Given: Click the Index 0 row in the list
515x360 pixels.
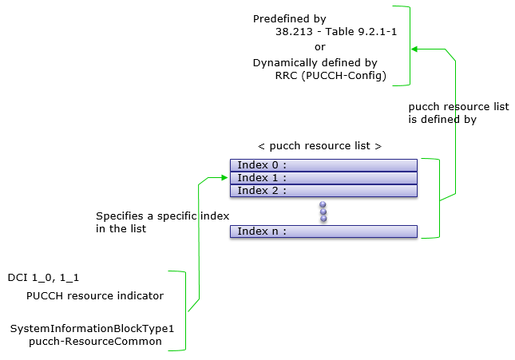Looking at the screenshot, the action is coord(323,165).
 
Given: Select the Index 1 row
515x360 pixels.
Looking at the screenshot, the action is coord(323,178).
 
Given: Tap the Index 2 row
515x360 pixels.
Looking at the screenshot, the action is coord(323,191).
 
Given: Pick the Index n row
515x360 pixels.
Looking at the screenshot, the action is coord(323,231).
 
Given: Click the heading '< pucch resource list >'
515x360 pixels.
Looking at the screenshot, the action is coord(320,146).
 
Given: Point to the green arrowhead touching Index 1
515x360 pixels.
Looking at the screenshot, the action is coord(224,178).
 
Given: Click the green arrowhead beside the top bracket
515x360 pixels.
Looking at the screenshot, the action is coord(414,49).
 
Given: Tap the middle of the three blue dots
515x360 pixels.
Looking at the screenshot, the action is coord(323,212).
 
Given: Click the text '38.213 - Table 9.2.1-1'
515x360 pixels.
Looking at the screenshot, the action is coord(336,32).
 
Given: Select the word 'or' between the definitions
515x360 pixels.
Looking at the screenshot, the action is coord(320,47).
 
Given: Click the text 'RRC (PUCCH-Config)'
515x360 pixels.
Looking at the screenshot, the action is coord(331,76).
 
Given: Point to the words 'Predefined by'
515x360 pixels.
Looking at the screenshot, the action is coord(289,19).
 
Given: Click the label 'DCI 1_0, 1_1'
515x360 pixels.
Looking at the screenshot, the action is coord(43,278).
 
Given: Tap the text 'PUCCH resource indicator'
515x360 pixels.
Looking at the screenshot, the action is coord(95,295).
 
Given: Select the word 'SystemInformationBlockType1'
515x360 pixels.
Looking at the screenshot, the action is coord(92,329).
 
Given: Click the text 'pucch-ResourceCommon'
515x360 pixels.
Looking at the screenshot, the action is coord(95,342).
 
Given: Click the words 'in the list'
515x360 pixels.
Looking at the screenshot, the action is coord(121,228).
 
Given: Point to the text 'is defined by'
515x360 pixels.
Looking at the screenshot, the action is coord(442,120).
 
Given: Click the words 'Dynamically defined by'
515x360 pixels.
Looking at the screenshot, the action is coord(315,63).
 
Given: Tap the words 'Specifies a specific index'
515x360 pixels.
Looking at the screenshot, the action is coord(163,216).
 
